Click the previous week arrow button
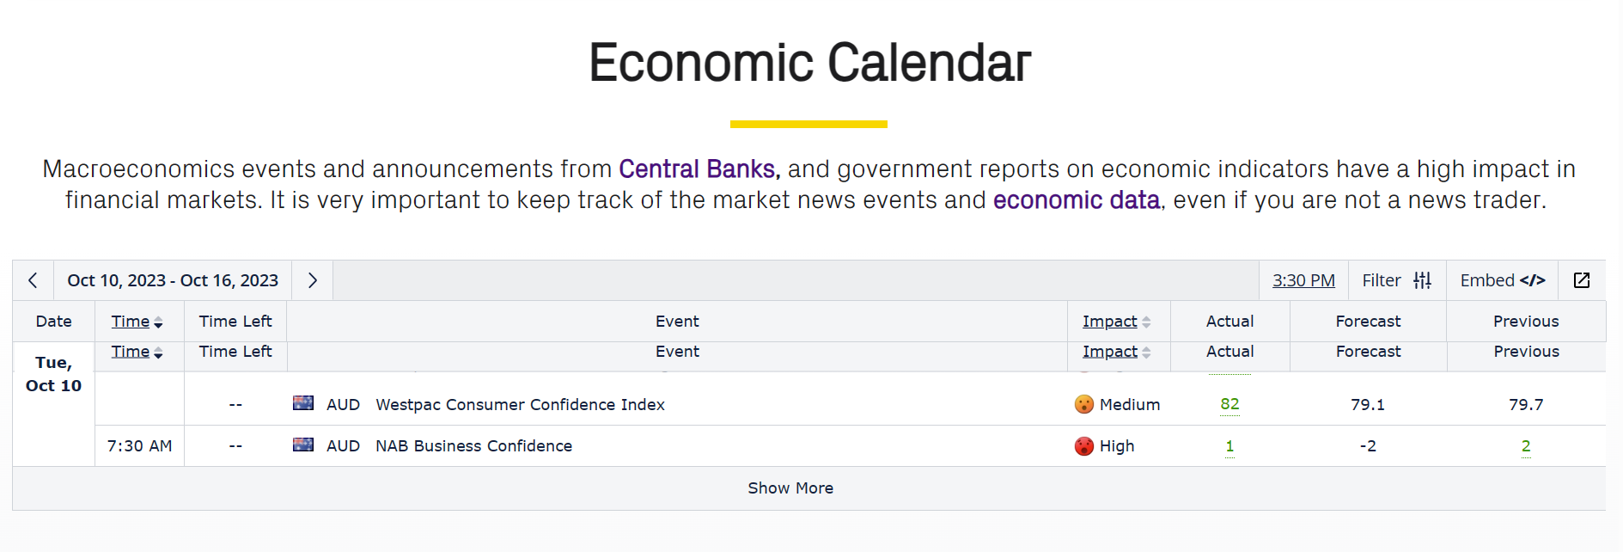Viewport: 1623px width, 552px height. (33, 280)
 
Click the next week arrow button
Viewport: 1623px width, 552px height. (313, 280)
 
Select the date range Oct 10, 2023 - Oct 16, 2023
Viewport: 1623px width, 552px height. (173, 280)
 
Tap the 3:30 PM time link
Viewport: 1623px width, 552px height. (1303, 280)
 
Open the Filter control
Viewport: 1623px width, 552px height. (1397, 280)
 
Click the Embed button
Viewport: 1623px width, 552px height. (1503, 280)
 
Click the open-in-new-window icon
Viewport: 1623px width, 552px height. (1582, 280)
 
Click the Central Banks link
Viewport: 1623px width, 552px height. (697, 169)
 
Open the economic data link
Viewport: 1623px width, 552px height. (1077, 199)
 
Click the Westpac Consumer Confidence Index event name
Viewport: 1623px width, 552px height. (520, 404)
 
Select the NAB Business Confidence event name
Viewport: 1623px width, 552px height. (473, 445)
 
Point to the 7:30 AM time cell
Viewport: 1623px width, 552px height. (139, 445)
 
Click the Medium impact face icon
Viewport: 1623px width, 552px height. (1084, 404)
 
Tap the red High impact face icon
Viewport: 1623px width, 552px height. (1084, 445)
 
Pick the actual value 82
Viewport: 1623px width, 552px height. (1229, 404)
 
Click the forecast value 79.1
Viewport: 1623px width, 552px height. (1368, 404)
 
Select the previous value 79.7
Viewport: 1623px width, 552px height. (1526, 404)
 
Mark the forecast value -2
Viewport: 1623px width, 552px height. (1368, 445)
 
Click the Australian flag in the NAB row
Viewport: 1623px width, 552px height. (303, 445)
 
